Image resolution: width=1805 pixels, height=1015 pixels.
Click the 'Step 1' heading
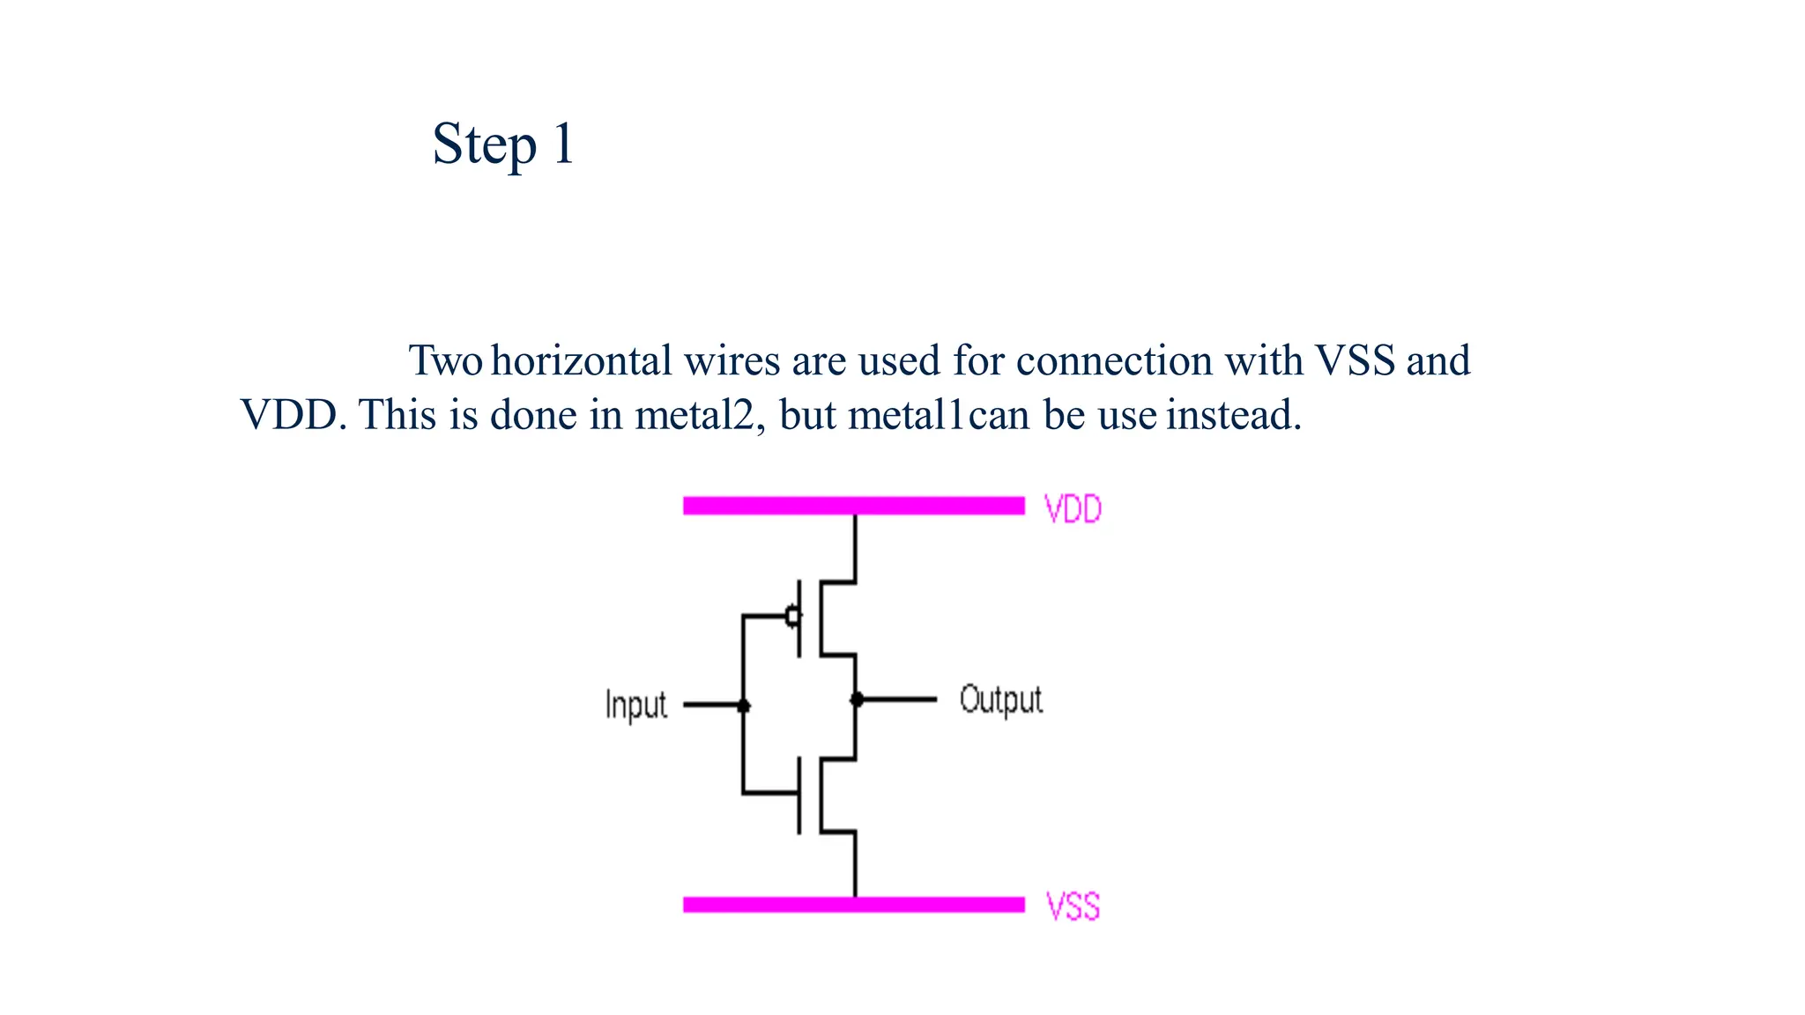(x=502, y=144)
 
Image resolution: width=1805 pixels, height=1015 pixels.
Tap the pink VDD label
(x=1072, y=509)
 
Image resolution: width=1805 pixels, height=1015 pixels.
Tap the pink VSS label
(x=1072, y=907)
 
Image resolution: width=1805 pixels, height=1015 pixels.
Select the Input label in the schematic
(x=635, y=705)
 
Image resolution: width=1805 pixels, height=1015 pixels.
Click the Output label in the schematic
(x=1000, y=700)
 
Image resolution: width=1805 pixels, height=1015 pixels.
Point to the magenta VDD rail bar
(x=853, y=506)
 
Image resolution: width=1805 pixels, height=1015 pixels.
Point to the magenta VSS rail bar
(x=853, y=905)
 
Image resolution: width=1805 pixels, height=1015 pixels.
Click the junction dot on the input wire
(x=743, y=706)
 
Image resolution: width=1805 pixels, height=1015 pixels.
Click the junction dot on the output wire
(x=856, y=700)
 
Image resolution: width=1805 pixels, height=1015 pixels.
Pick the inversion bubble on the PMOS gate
(x=793, y=615)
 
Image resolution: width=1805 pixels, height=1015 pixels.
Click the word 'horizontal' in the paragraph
(x=582, y=360)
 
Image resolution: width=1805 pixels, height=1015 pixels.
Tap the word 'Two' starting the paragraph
(x=444, y=360)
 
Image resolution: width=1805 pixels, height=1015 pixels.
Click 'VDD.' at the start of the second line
(x=293, y=415)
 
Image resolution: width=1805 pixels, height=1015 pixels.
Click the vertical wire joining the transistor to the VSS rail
(x=855, y=863)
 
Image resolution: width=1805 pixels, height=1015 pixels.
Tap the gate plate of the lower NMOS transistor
(x=799, y=795)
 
